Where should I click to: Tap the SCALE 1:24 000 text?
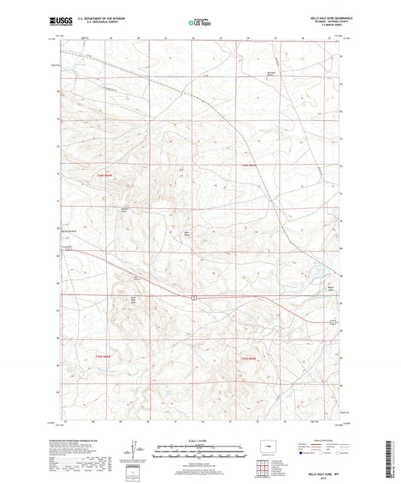coord(200,440)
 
